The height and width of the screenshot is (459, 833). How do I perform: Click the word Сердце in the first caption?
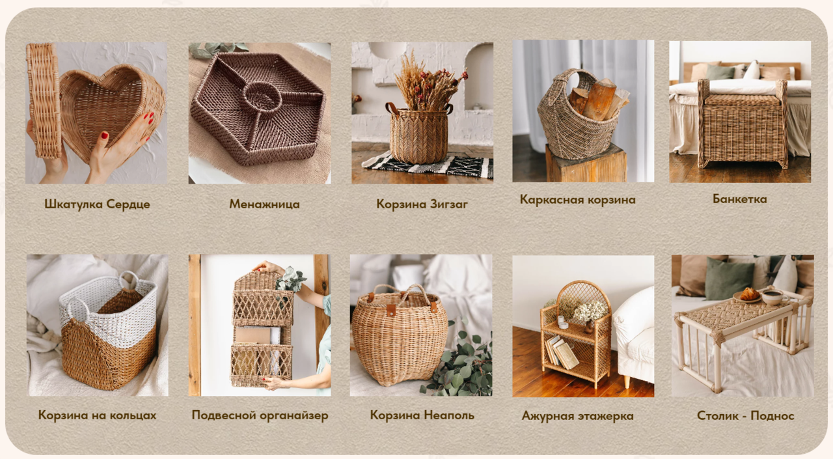128,204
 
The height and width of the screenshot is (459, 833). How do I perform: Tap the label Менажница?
264,204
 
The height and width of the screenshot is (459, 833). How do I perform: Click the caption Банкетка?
740,199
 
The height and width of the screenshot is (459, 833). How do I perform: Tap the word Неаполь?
449,415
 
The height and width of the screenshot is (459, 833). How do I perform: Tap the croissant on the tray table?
749,294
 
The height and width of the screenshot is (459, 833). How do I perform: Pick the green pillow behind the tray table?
728,278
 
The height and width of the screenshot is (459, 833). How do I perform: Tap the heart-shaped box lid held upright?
44,100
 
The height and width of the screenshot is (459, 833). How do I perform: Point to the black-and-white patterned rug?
428,165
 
